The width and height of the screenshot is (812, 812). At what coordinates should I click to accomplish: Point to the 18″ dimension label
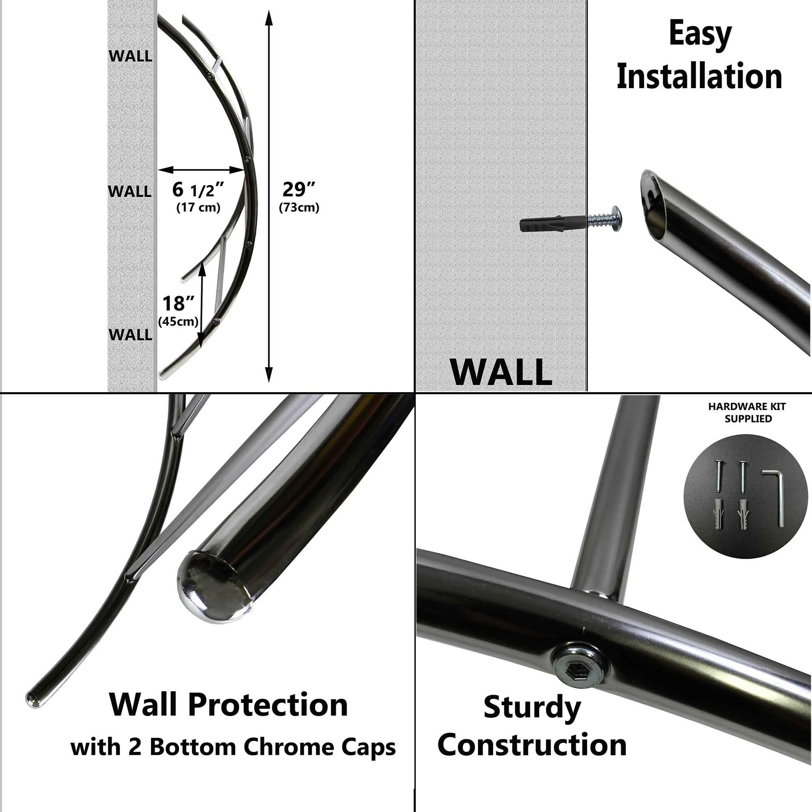coord(178,303)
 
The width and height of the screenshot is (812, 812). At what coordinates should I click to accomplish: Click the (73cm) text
coord(299,207)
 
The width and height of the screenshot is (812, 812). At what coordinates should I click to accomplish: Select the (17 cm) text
coord(199,207)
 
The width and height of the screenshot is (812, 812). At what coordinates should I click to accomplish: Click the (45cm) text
coord(178,322)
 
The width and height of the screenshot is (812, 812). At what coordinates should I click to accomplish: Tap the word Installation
coord(700,76)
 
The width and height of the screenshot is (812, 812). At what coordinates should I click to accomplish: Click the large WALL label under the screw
coord(501,371)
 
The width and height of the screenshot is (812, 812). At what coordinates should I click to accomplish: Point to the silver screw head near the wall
coord(617,216)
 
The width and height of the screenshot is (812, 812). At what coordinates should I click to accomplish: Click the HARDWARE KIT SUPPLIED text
coord(747,412)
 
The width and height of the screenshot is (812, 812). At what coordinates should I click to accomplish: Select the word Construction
coord(532,745)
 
